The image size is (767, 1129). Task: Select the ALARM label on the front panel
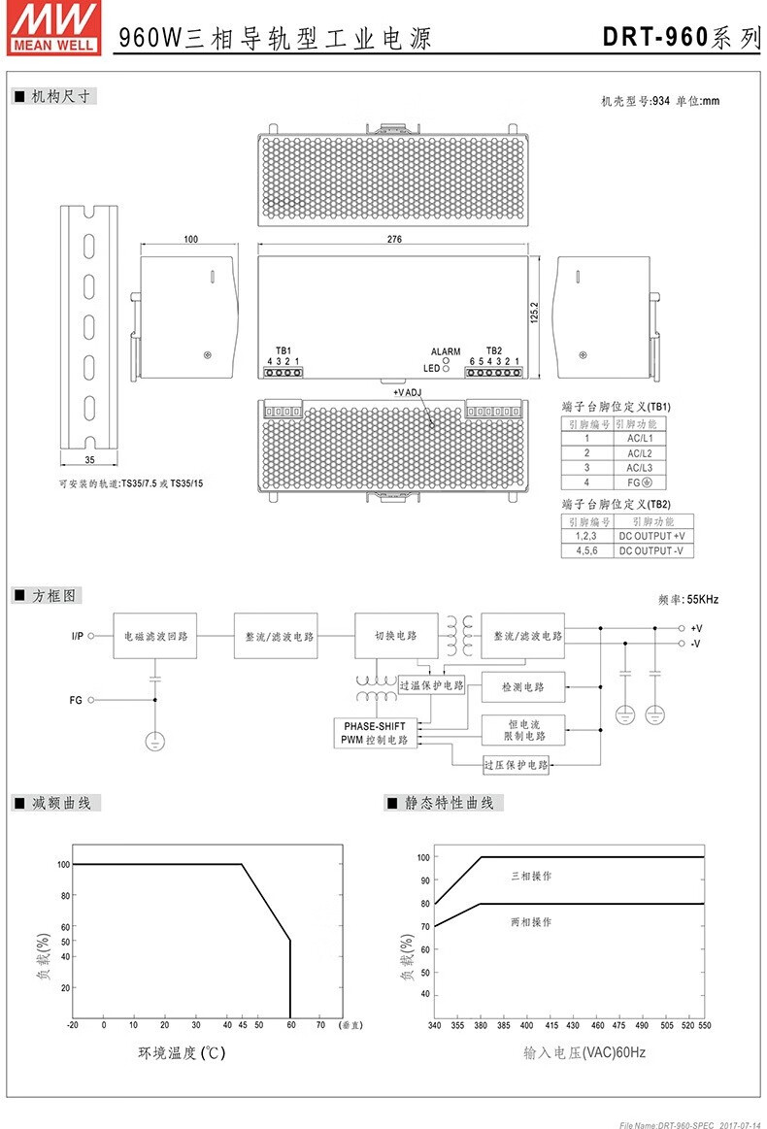pyautogui.click(x=446, y=351)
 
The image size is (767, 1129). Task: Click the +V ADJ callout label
pyautogui.click(x=408, y=393)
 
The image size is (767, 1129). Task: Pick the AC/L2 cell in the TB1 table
pyautogui.click(x=639, y=453)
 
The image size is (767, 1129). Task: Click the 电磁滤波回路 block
pyautogui.click(x=155, y=636)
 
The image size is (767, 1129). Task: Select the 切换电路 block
pyautogui.click(x=395, y=636)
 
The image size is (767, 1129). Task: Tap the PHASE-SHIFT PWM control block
pyautogui.click(x=376, y=733)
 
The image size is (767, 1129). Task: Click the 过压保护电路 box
pyautogui.click(x=517, y=765)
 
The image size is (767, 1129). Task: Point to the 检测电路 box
pyautogui.click(x=523, y=687)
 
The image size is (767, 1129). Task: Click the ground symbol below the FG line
pyautogui.click(x=154, y=743)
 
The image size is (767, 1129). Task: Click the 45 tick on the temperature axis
pyautogui.click(x=242, y=1024)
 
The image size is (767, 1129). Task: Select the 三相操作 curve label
pyautogui.click(x=531, y=876)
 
